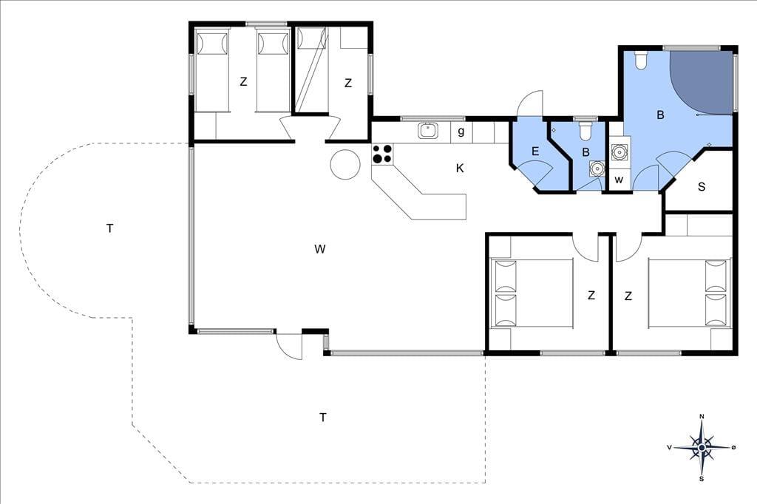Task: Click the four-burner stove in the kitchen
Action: [x=382, y=154]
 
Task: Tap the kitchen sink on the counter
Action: [x=428, y=130]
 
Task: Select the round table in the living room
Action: [x=345, y=165]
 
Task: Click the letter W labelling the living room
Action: [x=319, y=249]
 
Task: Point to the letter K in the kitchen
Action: [x=460, y=168]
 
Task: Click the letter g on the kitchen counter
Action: [x=461, y=132]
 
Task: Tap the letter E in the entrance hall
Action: [x=535, y=151]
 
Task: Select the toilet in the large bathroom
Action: [x=641, y=60]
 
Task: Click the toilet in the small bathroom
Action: [x=585, y=130]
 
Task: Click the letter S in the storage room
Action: [x=702, y=186]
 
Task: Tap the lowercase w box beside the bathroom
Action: [x=619, y=180]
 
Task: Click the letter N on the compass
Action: [x=702, y=417]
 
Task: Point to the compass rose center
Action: [x=702, y=448]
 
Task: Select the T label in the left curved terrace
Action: [x=109, y=228]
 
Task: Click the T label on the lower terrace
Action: [x=323, y=417]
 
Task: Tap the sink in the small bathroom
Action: [x=597, y=168]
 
